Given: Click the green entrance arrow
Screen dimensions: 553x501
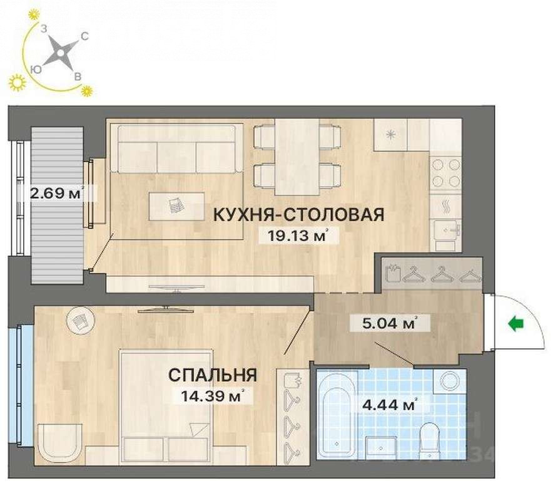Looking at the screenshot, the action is click(x=516, y=324).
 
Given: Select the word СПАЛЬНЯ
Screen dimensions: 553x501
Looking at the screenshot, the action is click(x=213, y=374).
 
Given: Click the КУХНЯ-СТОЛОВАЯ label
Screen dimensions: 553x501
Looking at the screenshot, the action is click(x=299, y=214).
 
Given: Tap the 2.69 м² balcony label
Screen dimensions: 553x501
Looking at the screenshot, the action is click(x=56, y=193).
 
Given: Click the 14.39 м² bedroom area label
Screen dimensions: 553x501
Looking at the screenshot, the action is click(x=212, y=396).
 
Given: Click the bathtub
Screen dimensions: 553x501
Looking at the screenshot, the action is click(x=337, y=415).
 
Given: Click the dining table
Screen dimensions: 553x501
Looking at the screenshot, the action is click(x=297, y=157).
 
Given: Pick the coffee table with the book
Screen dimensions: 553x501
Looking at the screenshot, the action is click(x=176, y=207).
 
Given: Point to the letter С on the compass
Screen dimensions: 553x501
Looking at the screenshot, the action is click(x=84, y=36).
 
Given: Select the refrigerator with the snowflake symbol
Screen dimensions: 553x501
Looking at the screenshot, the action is click(x=390, y=135).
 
